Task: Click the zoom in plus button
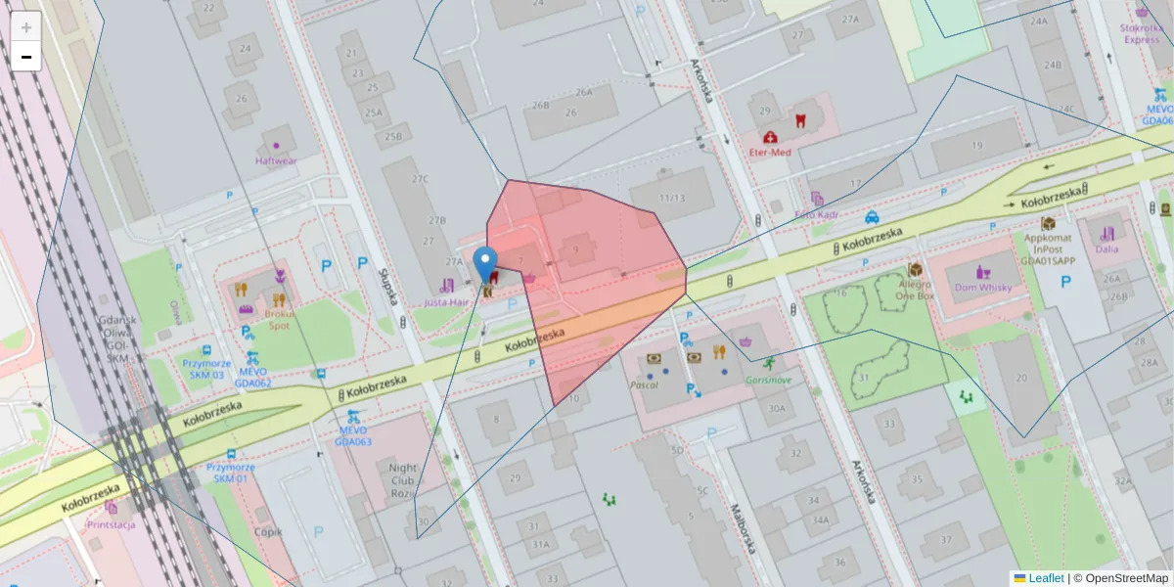pyautogui.click(x=26, y=26)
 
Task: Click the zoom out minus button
pyautogui.click(x=26, y=57)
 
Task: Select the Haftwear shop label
pyautogui.click(x=275, y=159)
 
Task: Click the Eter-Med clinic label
pyautogui.click(x=769, y=152)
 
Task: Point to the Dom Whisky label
pyautogui.click(x=983, y=287)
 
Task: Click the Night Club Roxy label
pyautogui.click(x=402, y=480)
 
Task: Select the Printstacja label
pyautogui.click(x=111, y=523)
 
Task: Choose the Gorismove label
pyautogui.click(x=768, y=379)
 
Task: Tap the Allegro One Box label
pyautogui.click(x=916, y=288)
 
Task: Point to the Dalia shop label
pyautogui.click(x=1106, y=248)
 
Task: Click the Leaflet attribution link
pyautogui.click(x=1046, y=578)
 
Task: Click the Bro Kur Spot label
pyautogui.click(x=279, y=320)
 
